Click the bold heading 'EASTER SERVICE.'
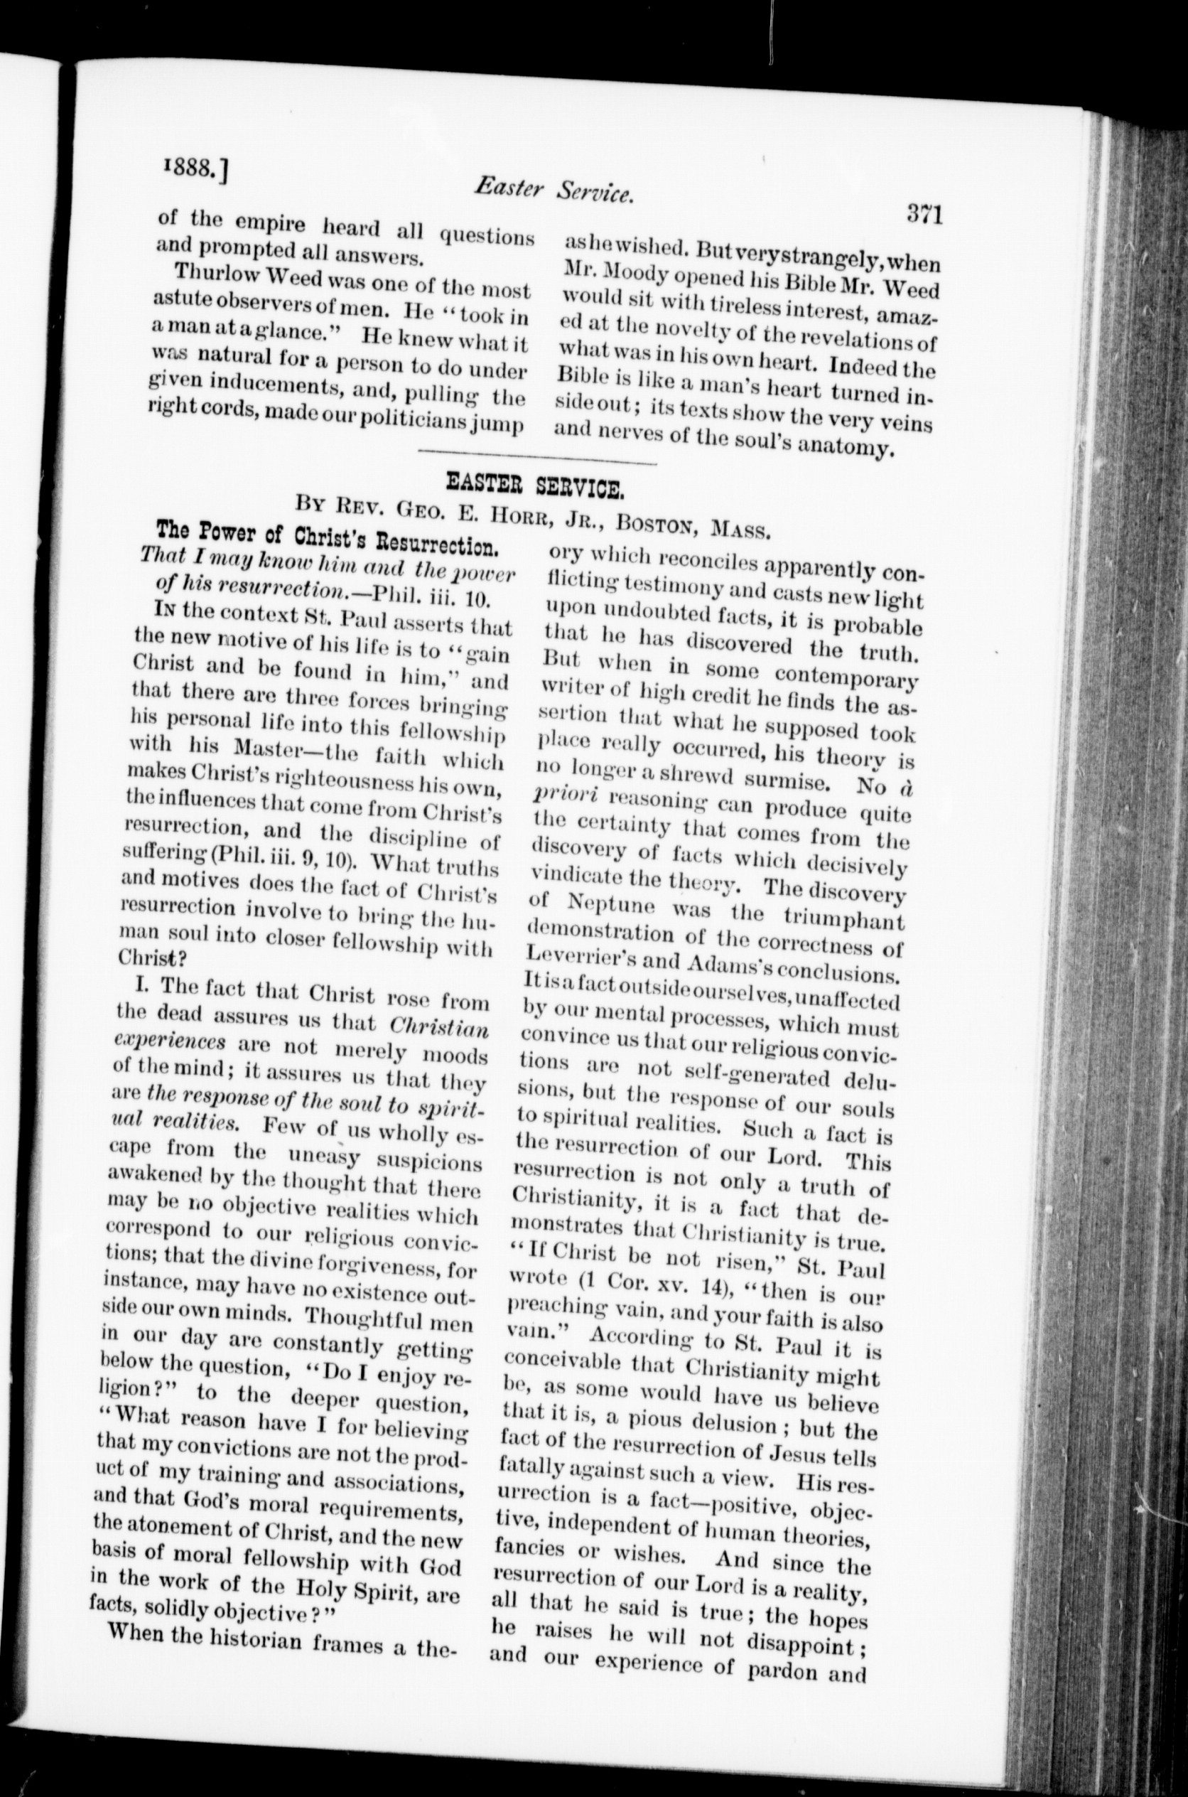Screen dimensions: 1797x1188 tap(535, 484)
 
